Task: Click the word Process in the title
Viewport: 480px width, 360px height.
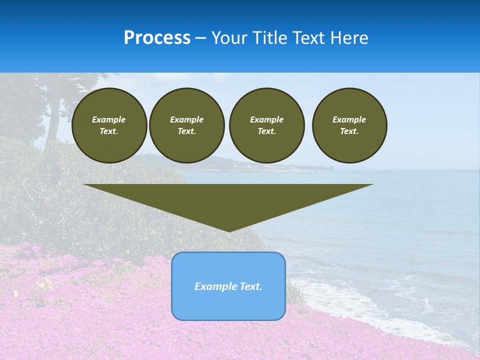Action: pyautogui.click(x=157, y=38)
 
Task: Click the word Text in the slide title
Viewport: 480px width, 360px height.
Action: pyautogui.click(x=309, y=38)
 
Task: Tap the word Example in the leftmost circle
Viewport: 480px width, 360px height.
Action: pyautogui.click(x=109, y=119)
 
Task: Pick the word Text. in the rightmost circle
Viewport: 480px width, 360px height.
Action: pyautogui.click(x=349, y=131)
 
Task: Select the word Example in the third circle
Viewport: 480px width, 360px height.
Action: pyautogui.click(x=266, y=119)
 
